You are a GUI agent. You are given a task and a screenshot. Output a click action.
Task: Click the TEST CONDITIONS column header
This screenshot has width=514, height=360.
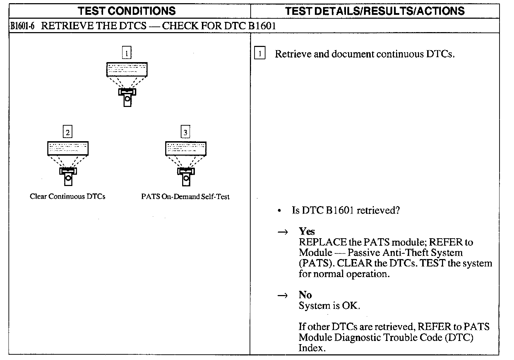127,11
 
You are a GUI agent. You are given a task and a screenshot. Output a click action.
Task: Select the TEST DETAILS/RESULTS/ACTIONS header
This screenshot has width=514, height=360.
375,11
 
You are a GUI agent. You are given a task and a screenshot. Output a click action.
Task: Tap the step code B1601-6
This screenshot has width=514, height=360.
22,26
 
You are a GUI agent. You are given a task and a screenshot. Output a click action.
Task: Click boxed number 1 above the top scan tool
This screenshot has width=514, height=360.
126,53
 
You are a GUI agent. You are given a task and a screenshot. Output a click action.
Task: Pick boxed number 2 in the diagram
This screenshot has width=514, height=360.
67,132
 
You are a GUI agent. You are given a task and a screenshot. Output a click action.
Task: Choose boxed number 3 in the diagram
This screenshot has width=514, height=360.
185,132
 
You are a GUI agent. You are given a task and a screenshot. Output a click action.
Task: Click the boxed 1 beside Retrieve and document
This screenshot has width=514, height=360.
260,54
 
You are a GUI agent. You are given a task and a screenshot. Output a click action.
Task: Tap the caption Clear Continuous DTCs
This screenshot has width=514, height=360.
67,197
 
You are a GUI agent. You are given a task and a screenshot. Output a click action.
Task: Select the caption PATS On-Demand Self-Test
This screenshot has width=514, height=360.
185,197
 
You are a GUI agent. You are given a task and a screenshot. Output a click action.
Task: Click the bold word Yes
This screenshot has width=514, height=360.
307,231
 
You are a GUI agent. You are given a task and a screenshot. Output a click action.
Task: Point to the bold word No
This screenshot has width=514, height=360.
305,295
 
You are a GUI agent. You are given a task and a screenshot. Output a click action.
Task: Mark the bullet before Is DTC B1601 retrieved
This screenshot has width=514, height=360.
279,211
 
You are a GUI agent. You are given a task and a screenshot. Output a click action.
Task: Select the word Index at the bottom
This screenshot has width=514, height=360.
311,348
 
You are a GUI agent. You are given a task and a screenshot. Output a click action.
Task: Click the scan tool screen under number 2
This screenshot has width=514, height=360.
68,149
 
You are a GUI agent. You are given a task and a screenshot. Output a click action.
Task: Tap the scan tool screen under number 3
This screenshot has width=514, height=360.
186,149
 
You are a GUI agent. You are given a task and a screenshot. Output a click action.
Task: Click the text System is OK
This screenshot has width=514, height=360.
329,306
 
